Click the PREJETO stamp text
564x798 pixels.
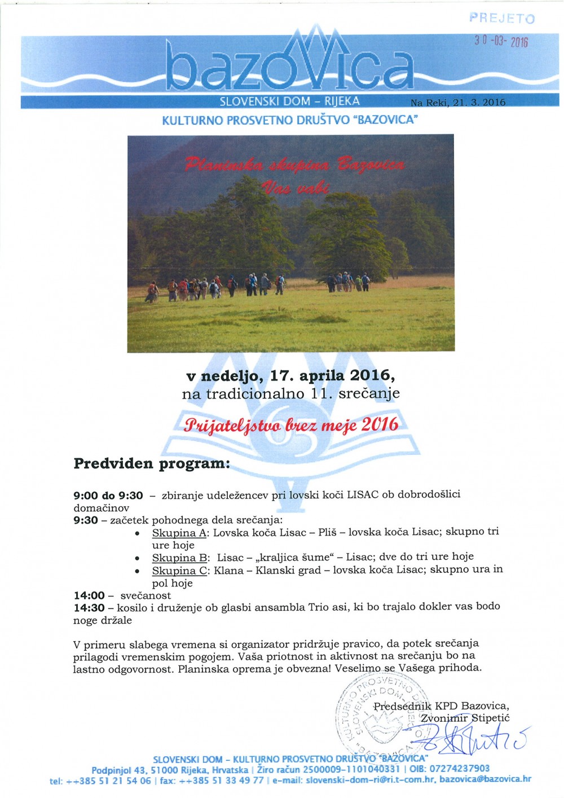point(501,18)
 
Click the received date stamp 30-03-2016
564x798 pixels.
point(501,41)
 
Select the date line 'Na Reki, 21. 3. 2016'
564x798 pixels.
point(458,102)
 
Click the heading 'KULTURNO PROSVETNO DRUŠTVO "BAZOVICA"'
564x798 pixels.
point(289,120)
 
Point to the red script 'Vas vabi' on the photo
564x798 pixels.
point(294,187)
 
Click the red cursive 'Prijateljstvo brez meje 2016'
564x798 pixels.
point(291,424)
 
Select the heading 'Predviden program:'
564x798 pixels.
point(152,464)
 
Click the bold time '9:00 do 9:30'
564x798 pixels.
point(108,496)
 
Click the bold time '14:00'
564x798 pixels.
point(89,595)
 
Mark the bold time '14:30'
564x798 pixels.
point(89,607)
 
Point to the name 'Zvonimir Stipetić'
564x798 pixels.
point(465,718)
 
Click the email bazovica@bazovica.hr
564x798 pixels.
point(485,779)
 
